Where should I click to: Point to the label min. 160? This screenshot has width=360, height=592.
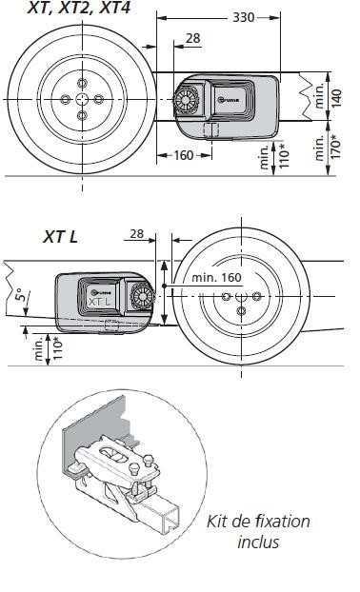(x=217, y=278)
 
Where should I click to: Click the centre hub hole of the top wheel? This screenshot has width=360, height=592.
(x=80, y=100)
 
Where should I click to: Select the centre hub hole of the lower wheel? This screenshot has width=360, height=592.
(x=241, y=298)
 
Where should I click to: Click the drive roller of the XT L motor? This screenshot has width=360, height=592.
(x=144, y=296)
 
